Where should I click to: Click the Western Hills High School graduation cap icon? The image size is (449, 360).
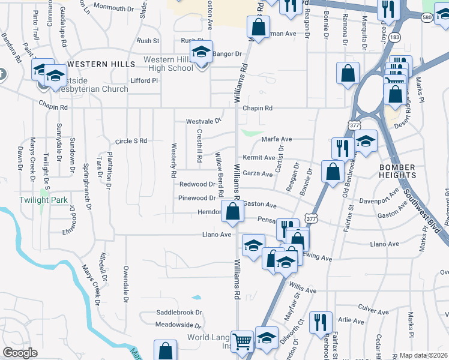coord(201,52)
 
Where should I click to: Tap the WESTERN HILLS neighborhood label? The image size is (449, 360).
coord(97,64)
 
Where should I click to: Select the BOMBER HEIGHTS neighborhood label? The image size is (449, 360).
coord(397,171)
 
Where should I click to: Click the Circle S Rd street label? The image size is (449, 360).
coord(131,141)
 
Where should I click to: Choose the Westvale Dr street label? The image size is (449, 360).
coord(203,121)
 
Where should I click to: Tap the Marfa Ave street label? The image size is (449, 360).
coord(276,139)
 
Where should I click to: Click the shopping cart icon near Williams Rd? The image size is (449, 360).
coord(243,342)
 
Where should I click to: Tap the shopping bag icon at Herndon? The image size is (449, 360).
coord(232,211)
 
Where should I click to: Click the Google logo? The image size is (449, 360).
coord(20,353)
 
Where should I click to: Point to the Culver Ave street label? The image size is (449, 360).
coord(373,313)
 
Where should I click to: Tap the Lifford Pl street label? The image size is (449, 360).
coord(143,80)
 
